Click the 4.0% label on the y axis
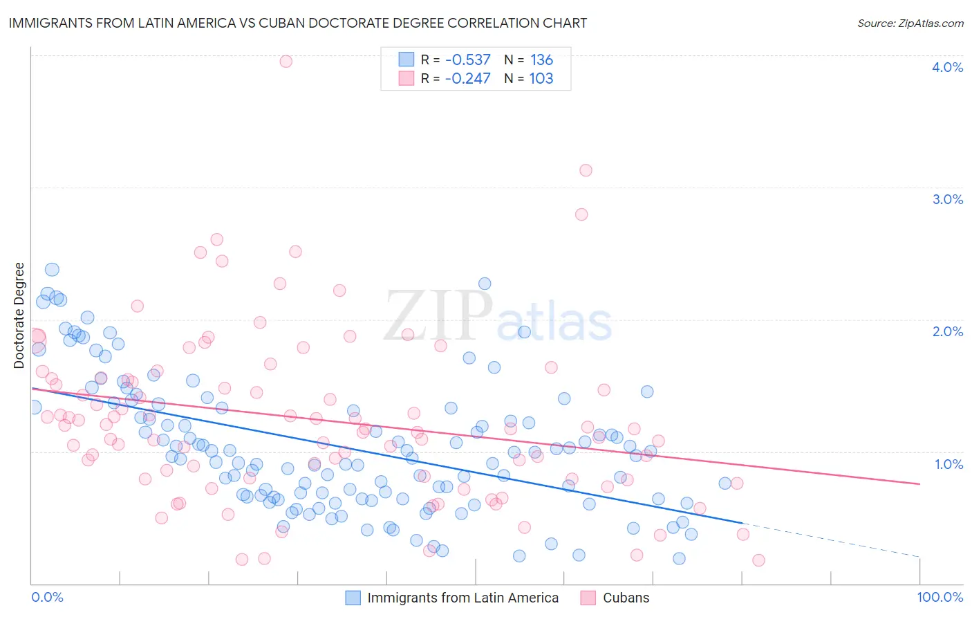tap(947, 67)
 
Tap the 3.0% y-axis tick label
tap(947, 199)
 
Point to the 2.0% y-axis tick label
tap(947, 331)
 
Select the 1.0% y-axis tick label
tap(948, 464)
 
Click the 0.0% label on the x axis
tap(47, 597)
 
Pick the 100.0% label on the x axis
tap(940, 597)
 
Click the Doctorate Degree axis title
tap(19, 315)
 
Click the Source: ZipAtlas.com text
tap(910, 23)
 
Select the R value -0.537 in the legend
tap(467, 60)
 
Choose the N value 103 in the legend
tap(541, 79)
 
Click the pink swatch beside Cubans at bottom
tap(588, 598)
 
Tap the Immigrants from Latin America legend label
tap(462, 598)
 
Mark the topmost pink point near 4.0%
tap(286, 62)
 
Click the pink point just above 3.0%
tap(586, 170)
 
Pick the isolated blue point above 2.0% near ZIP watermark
tap(485, 284)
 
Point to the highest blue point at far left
tap(52, 270)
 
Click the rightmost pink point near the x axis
tap(758, 560)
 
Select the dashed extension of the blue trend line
tap(830, 540)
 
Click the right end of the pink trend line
tap(919, 484)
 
